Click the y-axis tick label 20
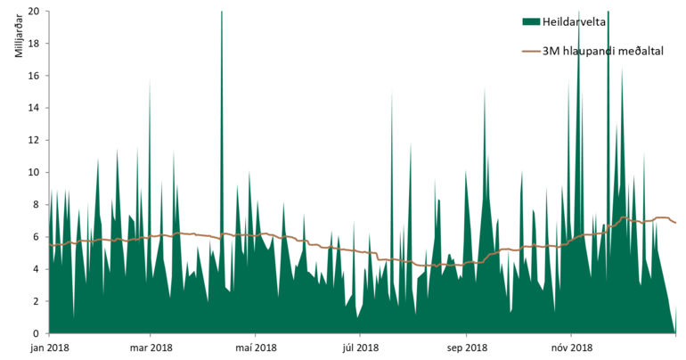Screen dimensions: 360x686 pos(33,12)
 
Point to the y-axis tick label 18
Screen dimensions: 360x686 pos(33,44)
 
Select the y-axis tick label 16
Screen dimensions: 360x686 pos(33,76)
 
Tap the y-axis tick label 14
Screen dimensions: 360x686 pos(33,108)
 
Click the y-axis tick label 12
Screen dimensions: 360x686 pos(33,140)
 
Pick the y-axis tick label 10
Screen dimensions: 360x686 pos(33,172)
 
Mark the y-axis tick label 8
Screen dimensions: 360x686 pos(36,204)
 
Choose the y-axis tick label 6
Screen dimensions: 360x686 pos(36,237)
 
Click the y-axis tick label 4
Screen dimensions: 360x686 pos(36,269)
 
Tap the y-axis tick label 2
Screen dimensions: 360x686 pos(36,301)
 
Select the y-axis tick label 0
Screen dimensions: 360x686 pos(36,333)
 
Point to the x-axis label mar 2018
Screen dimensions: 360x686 pos(151,348)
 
